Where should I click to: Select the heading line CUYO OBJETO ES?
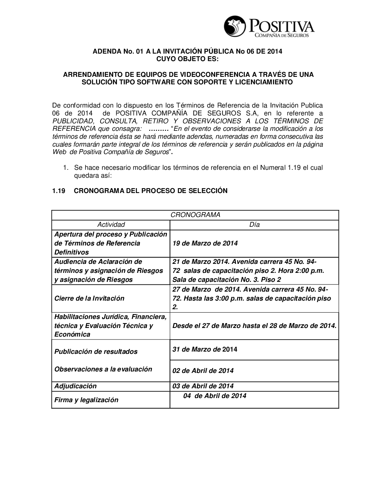click(x=187, y=59)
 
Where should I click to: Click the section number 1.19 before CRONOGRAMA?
click(x=59, y=191)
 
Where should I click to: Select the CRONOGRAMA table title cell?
click(x=195, y=215)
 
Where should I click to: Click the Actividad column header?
click(x=111, y=225)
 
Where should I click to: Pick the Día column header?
click(x=254, y=225)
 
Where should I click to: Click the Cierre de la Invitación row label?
click(x=89, y=298)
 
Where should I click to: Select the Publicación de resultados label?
click(x=96, y=352)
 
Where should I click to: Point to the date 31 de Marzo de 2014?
click(x=205, y=349)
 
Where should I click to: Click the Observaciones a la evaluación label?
click(x=103, y=369)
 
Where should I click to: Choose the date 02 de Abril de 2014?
click(x=203, y=371)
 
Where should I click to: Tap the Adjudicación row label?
click(x=75, y=386)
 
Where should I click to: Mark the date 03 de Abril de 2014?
click(x=203, y=386)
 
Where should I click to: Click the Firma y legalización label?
click(x=86, y=400)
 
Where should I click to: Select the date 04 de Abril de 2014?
click(x=215, y=396)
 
